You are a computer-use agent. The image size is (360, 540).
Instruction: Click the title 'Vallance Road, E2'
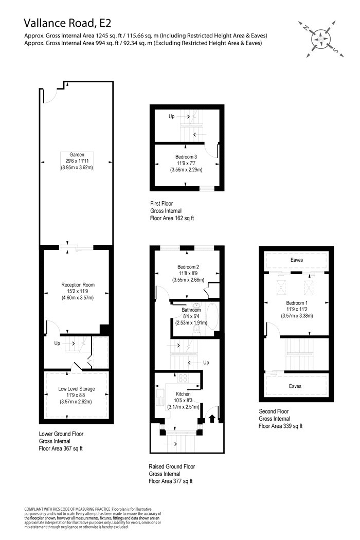coord(67,23)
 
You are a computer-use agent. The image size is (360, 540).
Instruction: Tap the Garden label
coord(77,155)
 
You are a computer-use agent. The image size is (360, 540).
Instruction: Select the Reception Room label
coord(78,285)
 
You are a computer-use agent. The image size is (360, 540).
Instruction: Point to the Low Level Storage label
coord(77,389)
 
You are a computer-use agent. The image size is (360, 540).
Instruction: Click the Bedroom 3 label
coord(186,157)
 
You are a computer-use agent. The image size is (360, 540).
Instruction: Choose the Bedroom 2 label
coord(188,267)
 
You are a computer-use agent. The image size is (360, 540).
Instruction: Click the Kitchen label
coord(183,394)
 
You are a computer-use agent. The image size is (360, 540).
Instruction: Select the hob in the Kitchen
coord(183,378)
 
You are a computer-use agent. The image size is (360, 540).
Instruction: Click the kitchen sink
coord(160,398)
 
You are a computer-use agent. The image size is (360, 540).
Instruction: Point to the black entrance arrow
coord(212,418)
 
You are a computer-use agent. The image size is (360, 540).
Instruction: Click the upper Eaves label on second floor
coord(297,260)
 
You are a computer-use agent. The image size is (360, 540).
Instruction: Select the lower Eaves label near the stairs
coord(295,386)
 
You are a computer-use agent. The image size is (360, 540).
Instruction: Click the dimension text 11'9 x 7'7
coord(186,163)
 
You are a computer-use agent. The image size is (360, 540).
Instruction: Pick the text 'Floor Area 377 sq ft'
coord(171,481)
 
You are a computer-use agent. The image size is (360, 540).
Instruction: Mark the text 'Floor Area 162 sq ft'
coord(172,218)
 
